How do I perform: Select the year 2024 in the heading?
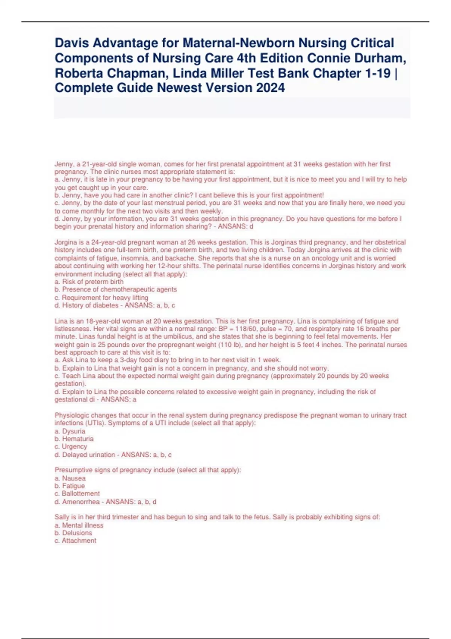pos(270,88)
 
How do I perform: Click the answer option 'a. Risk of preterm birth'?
pos(89,282)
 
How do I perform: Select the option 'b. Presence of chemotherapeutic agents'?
pos(116,289)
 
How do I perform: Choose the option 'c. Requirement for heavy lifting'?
pos(101,298)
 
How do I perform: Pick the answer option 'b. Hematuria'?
pos(74,439)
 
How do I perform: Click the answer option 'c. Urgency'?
pos(71,447)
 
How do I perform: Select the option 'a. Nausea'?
pos(70,478)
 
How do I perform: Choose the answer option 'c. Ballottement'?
pos(77,494)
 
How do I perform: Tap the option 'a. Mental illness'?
pos(79,525)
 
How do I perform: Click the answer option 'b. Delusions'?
pos(73,533)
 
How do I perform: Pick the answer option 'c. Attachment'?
pos(76,541)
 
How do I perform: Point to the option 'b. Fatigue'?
pos(70,486)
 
